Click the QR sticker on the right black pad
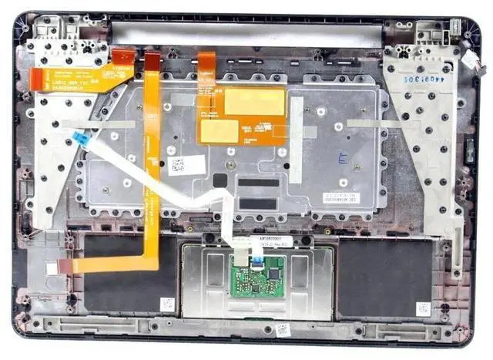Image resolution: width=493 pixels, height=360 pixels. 423,308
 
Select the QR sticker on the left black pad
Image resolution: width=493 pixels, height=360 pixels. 167,303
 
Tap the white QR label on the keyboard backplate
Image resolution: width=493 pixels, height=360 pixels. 176,165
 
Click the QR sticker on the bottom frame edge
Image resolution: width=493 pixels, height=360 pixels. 282,329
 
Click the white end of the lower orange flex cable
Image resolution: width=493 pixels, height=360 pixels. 53,268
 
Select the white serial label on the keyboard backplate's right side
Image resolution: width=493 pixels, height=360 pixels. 339,197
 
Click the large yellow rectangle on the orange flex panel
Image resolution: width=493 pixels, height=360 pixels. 255,101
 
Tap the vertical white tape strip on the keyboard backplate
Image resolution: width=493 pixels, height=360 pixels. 296,150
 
